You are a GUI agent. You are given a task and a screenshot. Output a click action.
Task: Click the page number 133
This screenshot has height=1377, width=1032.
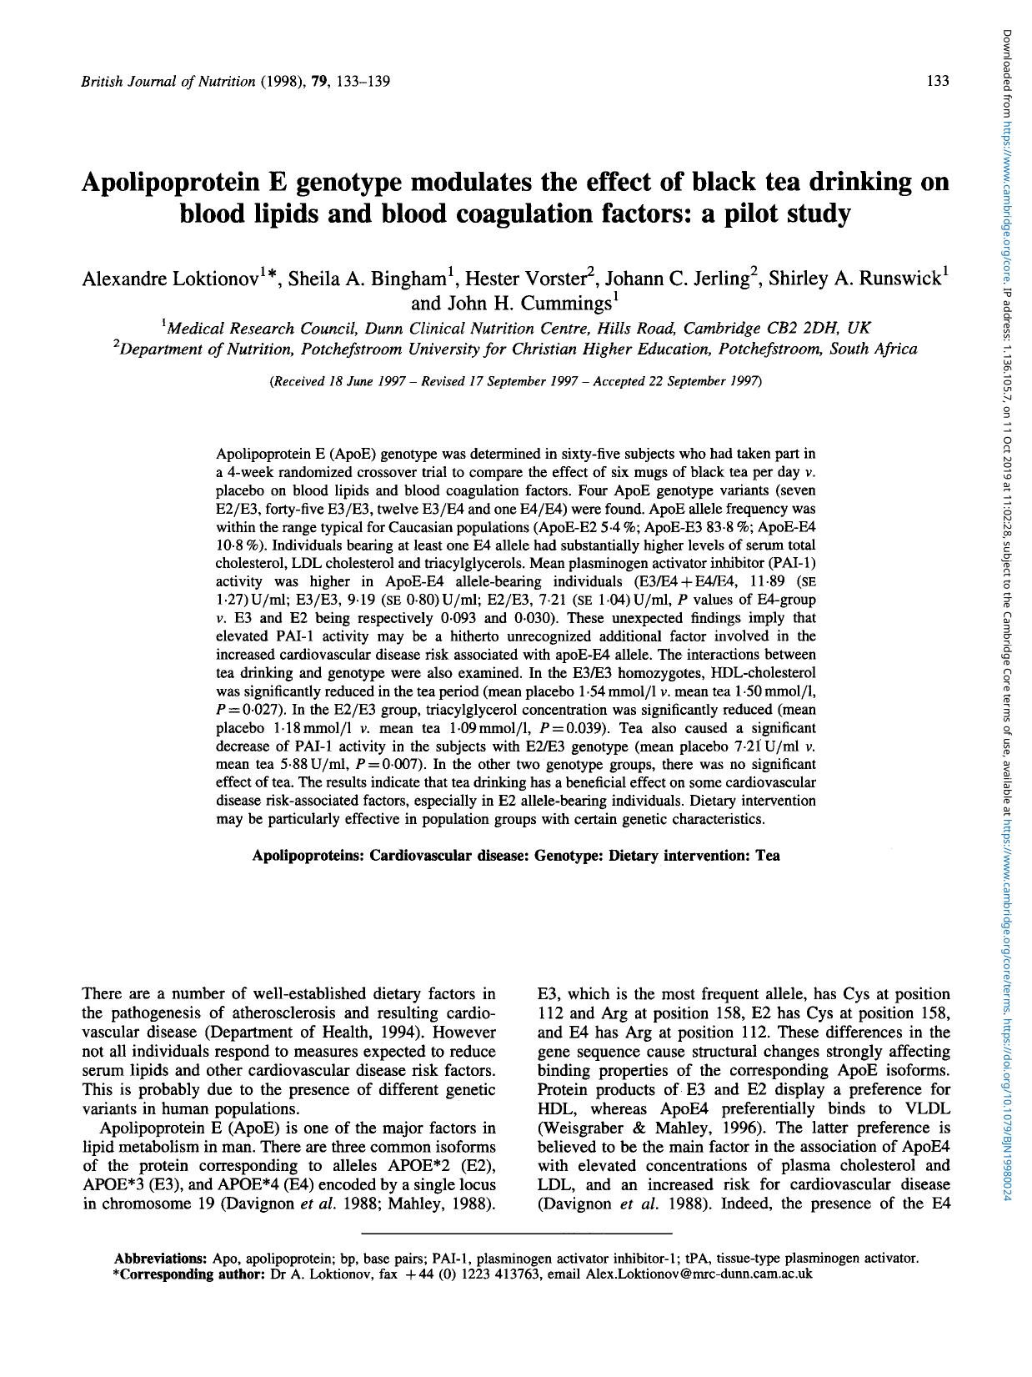click(x=938, y=81)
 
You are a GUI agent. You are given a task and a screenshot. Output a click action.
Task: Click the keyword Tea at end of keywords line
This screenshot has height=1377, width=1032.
click(x=768, y=855)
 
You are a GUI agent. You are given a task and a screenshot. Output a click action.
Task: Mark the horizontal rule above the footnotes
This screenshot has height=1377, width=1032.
click(x=517, y=1233)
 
